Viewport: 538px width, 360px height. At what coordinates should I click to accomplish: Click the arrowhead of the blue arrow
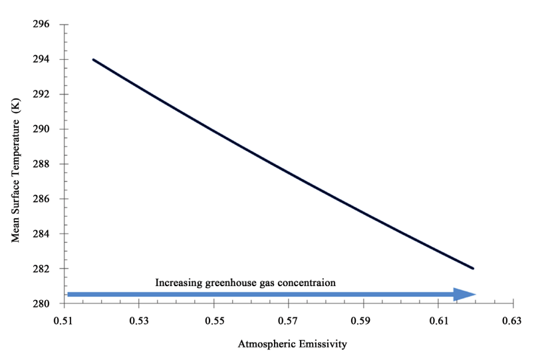(464, 294)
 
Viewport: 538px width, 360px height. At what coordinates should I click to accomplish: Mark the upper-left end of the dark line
(94, 60)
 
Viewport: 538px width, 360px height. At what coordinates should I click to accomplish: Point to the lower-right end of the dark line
(473, 268)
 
